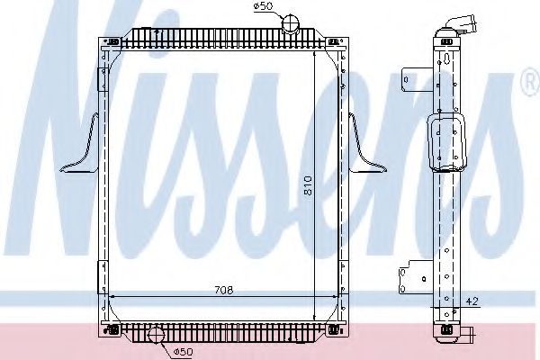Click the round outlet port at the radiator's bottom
pyautogui.click(x=157, y=336)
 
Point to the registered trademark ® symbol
pyautogui.click(x=528, y=85)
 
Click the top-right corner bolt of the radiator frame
pyautogui.click(x=334, y=41)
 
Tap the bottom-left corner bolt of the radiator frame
pyautogui.click(x=112, y=330)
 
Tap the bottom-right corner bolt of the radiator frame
pyautogui.click(x=334, y=330)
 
